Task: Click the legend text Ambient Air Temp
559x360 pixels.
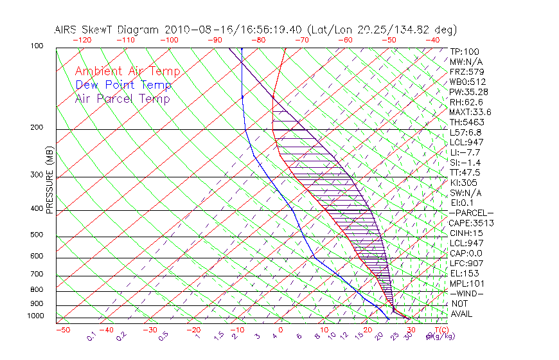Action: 127,71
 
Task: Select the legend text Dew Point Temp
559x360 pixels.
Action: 123,85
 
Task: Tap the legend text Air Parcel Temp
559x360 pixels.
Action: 122,98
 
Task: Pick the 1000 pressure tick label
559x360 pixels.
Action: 36,316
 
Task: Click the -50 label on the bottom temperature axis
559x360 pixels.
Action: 62,330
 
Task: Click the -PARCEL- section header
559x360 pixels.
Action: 471,213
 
